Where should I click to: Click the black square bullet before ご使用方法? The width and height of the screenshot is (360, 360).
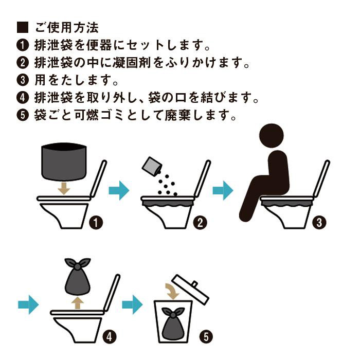(x=23, y=27)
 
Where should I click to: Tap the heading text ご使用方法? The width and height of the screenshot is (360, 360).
(x=67, y=28)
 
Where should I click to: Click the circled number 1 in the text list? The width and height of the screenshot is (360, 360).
(x=23, y=45)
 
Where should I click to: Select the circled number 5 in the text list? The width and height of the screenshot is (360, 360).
(x=23, y=115)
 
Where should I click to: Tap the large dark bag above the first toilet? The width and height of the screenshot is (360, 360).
(x=64, y=161)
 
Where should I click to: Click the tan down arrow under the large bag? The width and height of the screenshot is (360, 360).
(x=64, y=189)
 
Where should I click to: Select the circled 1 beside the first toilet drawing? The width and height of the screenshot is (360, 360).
(x=96, y=223)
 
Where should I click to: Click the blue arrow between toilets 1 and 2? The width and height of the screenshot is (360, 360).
(x=119, y=190)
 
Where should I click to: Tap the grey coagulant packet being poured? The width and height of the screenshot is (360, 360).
(x=152, y=166)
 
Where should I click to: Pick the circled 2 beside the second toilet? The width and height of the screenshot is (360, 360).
(x=200, y=223)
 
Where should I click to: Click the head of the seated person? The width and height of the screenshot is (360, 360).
(x=272, y=136)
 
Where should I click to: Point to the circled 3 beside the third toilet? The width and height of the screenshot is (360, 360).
(x=319, y=223)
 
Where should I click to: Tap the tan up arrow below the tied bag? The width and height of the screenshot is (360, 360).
(x=77, y=303)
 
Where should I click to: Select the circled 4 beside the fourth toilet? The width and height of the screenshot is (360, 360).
(x=109, y=337)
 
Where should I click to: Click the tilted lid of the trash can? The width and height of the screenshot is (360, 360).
(x=191, y=290)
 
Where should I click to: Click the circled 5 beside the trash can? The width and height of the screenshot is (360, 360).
(x=206, y=337)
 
